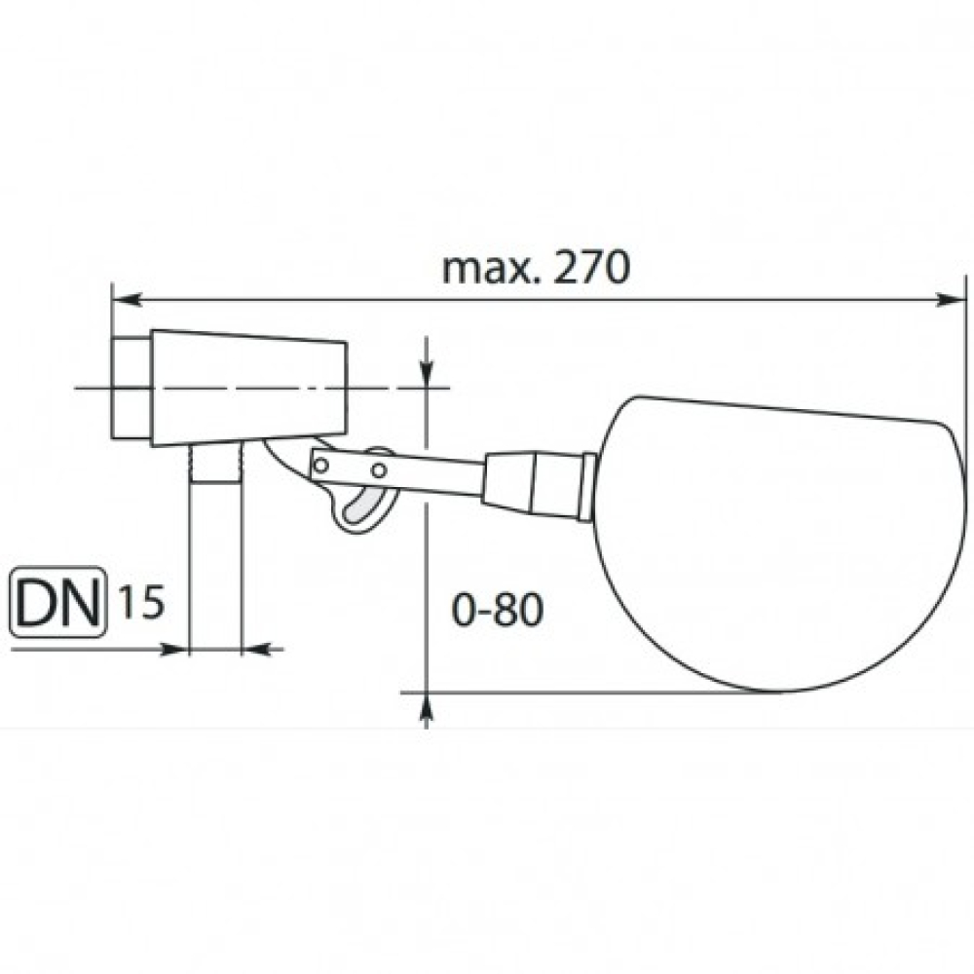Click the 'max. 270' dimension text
(536, 268)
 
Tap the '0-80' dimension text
(498, 610)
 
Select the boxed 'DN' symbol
(56, 601)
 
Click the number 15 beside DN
(141, 601)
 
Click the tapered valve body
(249, 388)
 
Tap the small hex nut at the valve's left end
(131, 388)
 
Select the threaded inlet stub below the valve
(214, 462)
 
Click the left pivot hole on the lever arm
(321, 465)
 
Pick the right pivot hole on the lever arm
(378, 470)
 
